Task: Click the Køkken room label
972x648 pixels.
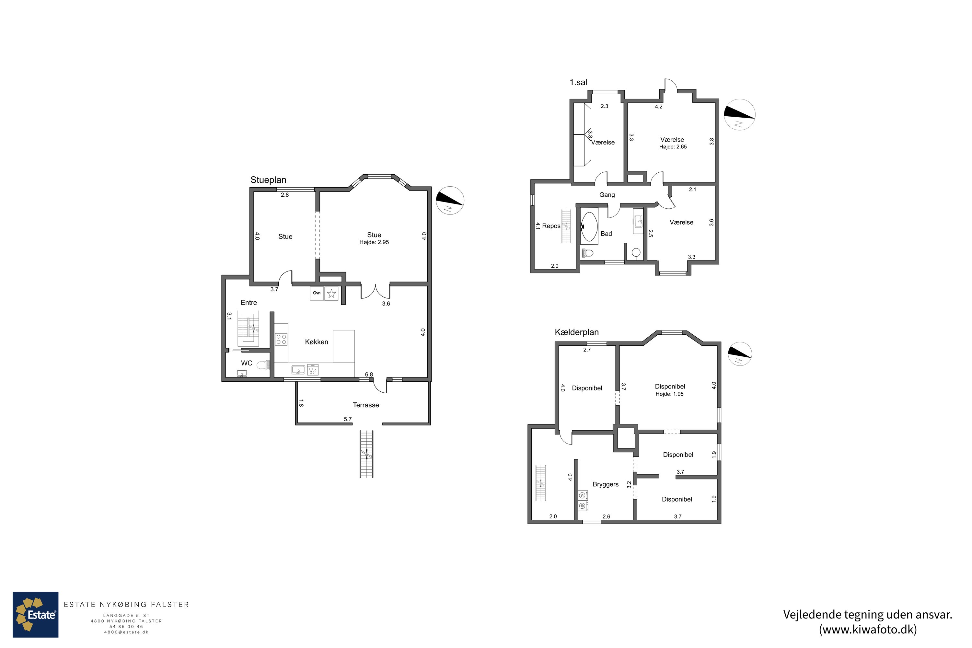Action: [317, 342]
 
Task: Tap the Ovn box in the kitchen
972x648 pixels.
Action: [317, 294]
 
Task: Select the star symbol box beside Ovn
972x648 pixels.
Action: [331, 294]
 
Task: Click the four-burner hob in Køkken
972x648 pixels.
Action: [282, 339]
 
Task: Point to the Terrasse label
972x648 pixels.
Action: [366, 405]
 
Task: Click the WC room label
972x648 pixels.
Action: [247, 363]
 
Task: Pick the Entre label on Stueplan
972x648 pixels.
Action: [249, 303]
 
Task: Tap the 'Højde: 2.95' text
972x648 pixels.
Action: [374, 242]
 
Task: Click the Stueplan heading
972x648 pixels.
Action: [268, 180]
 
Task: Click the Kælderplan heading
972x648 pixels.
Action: [576, 332]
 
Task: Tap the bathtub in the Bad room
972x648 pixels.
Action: [589, 226]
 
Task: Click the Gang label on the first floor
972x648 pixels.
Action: [607, 195]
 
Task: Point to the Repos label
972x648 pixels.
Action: [551, 226]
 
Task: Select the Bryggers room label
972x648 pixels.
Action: [606, 484]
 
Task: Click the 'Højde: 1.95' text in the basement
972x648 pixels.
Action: [669, 394]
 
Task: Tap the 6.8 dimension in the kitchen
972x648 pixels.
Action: [369, 375]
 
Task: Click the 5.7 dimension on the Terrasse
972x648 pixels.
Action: [348, 419]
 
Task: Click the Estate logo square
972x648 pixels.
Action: [36, 615]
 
